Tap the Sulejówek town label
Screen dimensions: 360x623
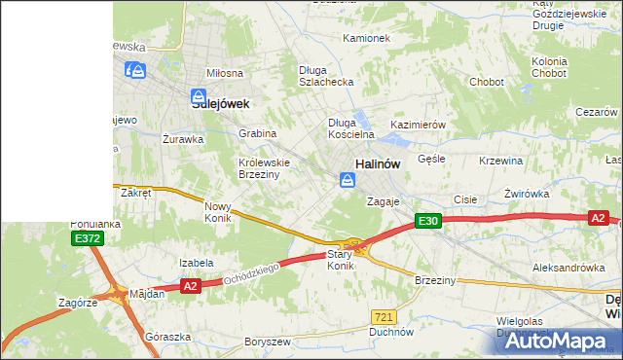221,103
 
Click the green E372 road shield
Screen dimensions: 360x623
86,238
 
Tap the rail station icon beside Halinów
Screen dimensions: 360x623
347,180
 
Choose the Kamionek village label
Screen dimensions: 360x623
366,39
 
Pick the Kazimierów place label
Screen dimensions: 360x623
418,126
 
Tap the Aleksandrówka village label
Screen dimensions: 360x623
562,267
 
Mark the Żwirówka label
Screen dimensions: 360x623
528,194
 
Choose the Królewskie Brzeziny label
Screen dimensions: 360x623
259,168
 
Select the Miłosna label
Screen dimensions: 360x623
224,74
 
